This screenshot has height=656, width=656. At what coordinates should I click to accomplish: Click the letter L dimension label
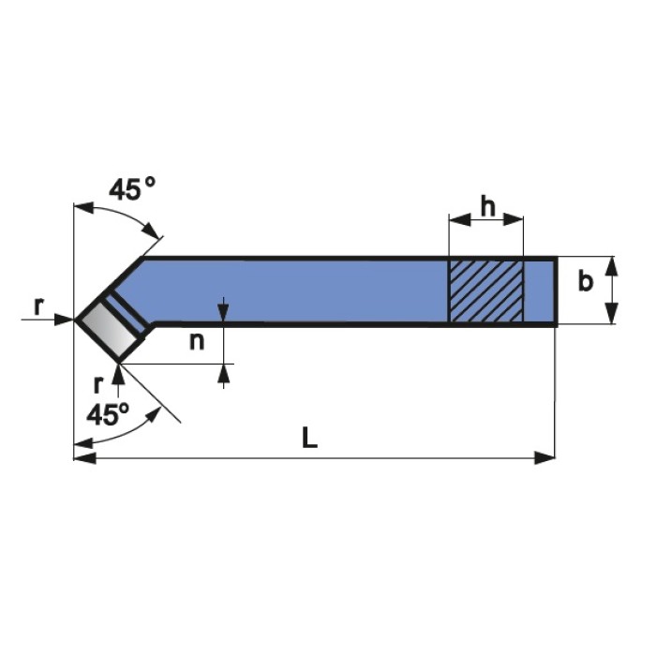point(309,438)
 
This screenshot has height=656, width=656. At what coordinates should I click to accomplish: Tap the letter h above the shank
point(487,206)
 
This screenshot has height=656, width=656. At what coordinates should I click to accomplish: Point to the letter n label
point(197,341)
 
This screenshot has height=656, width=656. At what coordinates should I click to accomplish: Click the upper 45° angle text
point(132,188)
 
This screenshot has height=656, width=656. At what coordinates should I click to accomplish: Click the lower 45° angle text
point(108,414)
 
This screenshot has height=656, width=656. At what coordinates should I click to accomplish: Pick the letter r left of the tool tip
point(38,306)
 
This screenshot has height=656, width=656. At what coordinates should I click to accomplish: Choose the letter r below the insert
point(97,385)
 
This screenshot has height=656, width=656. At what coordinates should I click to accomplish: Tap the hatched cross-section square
point(485,291)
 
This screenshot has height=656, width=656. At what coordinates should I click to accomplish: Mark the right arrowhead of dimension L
point(544,457)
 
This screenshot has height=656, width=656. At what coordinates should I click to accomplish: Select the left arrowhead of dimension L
point(84,457)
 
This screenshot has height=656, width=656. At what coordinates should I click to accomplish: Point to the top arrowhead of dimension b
point(612,266)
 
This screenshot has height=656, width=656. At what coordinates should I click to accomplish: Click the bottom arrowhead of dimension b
point(612,314)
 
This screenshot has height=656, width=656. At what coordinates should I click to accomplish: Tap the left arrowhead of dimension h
point(459,219)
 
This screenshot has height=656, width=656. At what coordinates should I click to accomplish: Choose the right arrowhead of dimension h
point(513,219)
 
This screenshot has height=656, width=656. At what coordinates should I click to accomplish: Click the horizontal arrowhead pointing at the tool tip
point(64,320)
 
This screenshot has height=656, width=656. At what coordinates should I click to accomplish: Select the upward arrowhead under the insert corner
point(119,374)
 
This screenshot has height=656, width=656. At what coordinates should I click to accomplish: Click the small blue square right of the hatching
point(539,291)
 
